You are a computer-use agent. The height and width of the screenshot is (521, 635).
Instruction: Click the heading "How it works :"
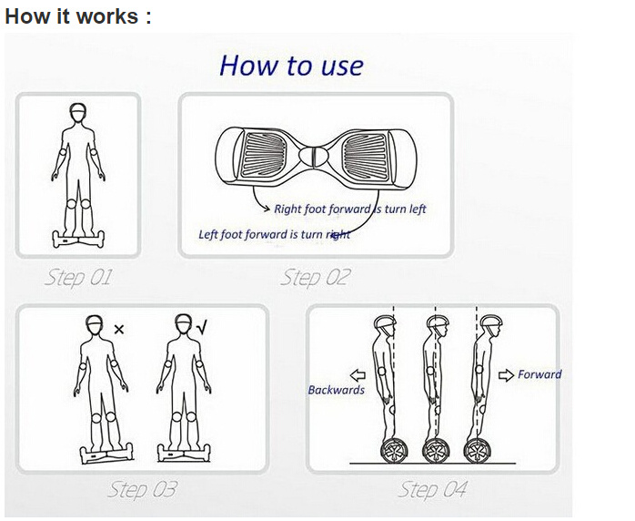(x=77, y=16)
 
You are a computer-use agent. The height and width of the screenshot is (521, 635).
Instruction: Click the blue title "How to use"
(x=292, y=66)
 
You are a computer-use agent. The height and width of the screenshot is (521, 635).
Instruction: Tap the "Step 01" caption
(x=77, y=278)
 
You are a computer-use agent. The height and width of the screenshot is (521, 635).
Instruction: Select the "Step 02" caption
(x=315, y=278)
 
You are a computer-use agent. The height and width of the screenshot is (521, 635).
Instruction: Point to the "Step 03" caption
(x=143, y=489)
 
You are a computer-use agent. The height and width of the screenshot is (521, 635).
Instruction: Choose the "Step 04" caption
(x=432, y=489)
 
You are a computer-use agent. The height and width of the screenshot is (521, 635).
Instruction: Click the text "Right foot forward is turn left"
(x=350, y=209)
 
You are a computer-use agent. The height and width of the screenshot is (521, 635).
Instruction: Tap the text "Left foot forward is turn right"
(x=274, y=234)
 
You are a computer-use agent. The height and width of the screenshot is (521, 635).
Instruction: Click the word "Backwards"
(x=336, y=390)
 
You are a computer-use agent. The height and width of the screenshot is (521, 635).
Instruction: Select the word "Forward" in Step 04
(x=539, y=373)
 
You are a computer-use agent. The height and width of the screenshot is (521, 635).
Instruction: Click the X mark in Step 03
(x=118, y=329)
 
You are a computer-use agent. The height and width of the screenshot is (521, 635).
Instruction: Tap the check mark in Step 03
(x=202, y=327)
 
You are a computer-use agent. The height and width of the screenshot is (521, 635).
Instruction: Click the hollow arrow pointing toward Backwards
(x=358, y=375)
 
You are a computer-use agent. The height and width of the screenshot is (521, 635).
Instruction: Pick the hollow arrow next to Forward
(x=506, y=375)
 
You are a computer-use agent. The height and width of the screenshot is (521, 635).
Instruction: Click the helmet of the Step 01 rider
(x=78, y=107)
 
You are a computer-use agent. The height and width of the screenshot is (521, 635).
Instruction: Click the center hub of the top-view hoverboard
(x=313, y=156)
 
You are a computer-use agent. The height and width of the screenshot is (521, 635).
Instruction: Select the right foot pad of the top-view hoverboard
(x=366, y=155)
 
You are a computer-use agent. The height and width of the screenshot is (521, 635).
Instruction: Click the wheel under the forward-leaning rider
(x=477, y=451)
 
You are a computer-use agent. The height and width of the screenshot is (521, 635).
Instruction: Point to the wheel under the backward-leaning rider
(x=394, y=451)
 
